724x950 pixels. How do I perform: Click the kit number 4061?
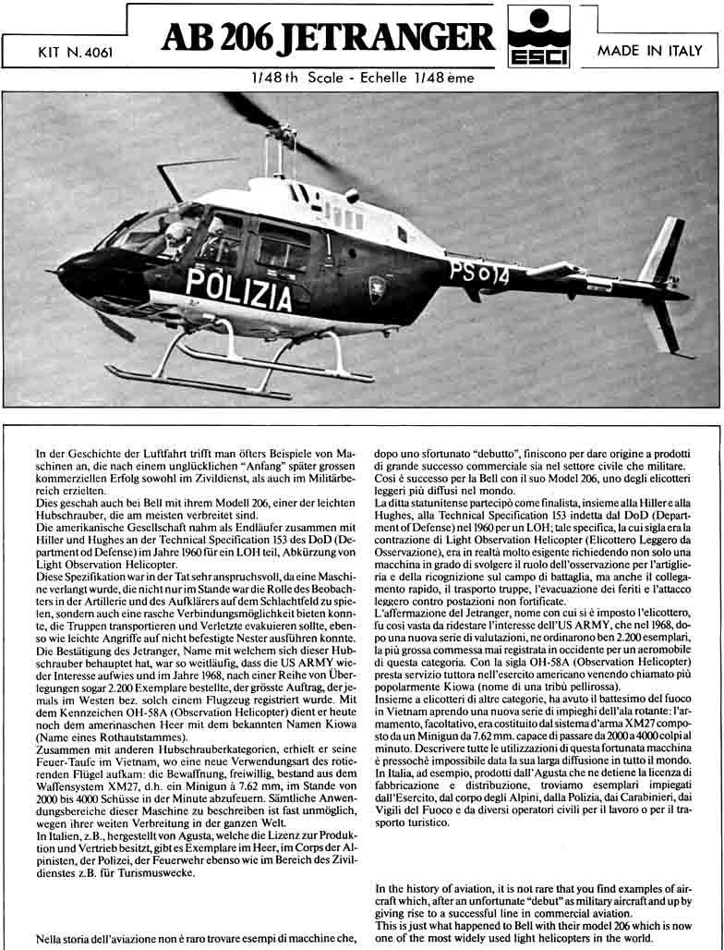pos(76,53)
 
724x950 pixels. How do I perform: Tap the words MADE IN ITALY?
pos(649,51)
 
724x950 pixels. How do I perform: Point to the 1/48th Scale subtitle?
pos(299,79)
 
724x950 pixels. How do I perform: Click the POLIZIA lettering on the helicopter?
pos(238,288)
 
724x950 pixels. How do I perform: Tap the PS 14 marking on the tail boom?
pos(478,273)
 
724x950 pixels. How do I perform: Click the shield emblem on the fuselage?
pos(377,288)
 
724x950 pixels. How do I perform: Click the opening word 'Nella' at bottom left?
pos(51,939)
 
